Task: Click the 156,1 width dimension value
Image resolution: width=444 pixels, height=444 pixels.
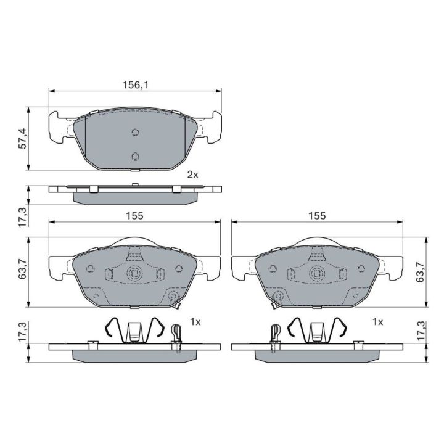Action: tap(135, 84)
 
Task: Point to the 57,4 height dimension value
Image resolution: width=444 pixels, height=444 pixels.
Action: tap(22, 138)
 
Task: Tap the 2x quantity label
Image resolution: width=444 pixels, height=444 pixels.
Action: tap(193, 175)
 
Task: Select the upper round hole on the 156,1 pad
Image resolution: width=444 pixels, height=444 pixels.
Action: tap(135, 132)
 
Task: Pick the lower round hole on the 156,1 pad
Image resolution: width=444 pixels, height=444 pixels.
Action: tap(135, 156)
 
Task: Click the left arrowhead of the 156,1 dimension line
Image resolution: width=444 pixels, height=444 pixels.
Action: tap(51, 91)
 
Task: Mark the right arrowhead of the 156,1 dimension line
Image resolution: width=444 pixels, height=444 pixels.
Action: tap(219, 91)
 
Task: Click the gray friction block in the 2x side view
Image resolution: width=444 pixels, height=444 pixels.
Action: tap(135, 198)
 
